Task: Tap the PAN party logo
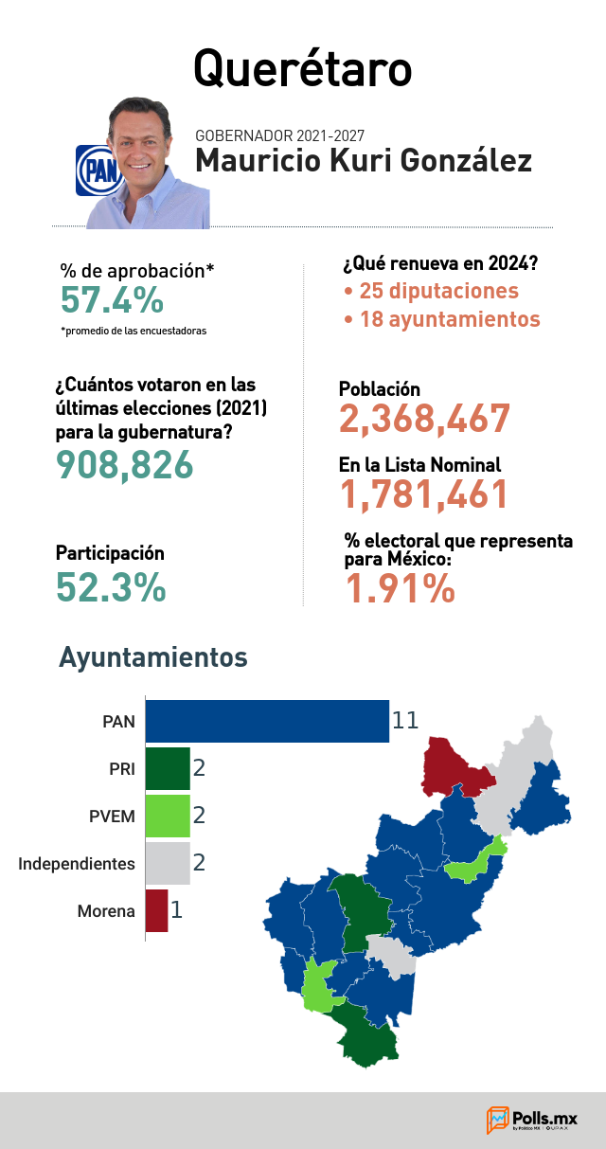pyautogui.click(x=98, y=171)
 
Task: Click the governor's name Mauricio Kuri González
pyautogui.click(x=364, y=160)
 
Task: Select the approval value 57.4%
pyautogui.click(x=112, y=299)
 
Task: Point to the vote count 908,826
pyautogui.click(x=125, y=465)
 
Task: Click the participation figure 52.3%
pyautogui.click(x=111, y=586)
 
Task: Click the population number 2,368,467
pyautogui.click(x=424, y=419)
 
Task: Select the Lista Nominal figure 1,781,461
pyautogui.click(x=424, y=494)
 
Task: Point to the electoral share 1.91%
pyautogui.click(x=400, y=587)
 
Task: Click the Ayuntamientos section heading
pyautogui.click(x=153, y=657)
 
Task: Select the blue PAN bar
pyautogui.click(x=267, y=721)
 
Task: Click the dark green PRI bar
pyautogui.click(x=168, y=768)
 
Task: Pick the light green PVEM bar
pyautogui.click(x=168, y=817)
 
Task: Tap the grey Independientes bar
pyautogui.click(x=168, y=863)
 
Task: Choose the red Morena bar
pyautogui.click(x=157, y=910)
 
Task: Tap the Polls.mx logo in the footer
pyautogui.click(x=531, y=1120)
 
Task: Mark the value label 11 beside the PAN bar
pyautogui.click(x=405, y=721)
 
